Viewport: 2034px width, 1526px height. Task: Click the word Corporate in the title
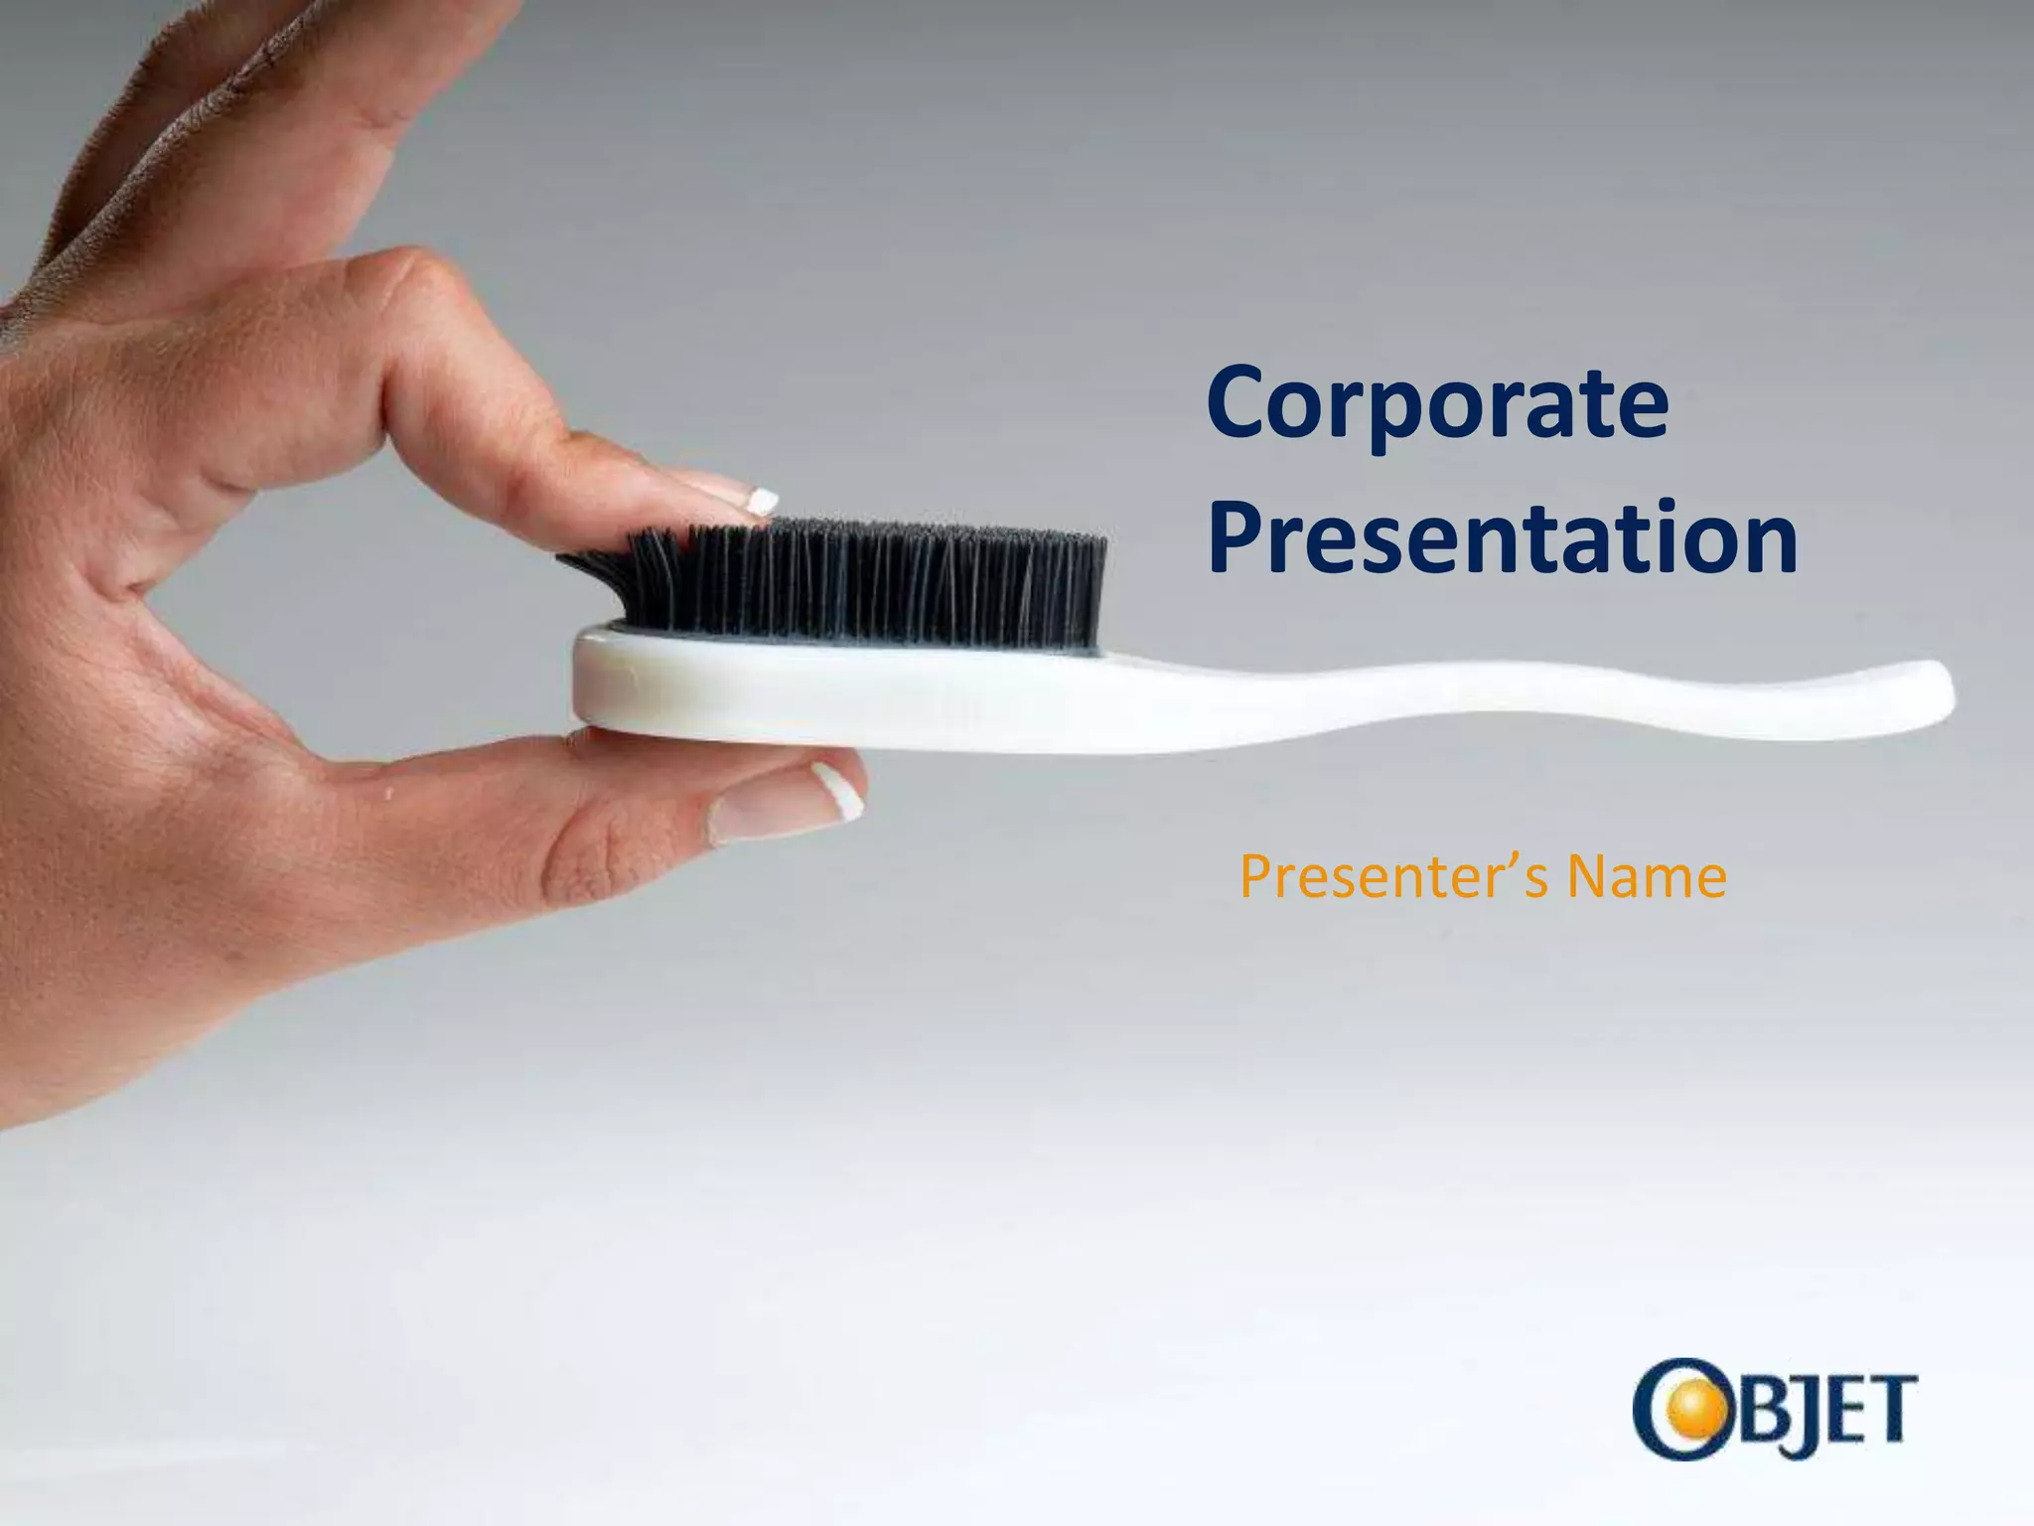[x=1437, y=405]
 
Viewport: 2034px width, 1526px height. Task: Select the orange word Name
[x=1647, y=876]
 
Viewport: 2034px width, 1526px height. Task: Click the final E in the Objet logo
[x=1855, y=1409]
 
